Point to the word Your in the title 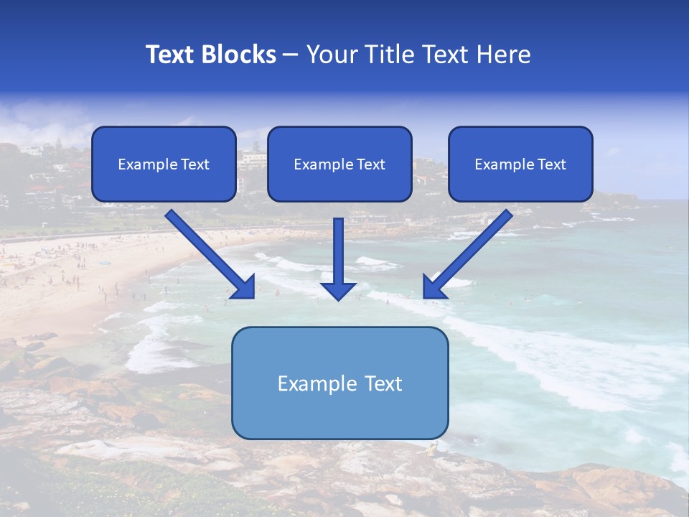coord(329,55)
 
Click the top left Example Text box coord(164,164)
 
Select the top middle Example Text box coord(339,164)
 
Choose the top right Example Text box coord(520,164)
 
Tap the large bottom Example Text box coord(339,383)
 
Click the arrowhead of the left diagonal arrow coord(245,287)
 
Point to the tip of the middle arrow coord(338,298)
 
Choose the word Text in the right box coord(552,164)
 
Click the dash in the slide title coord(291,55)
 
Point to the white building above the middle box coord(253,158)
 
